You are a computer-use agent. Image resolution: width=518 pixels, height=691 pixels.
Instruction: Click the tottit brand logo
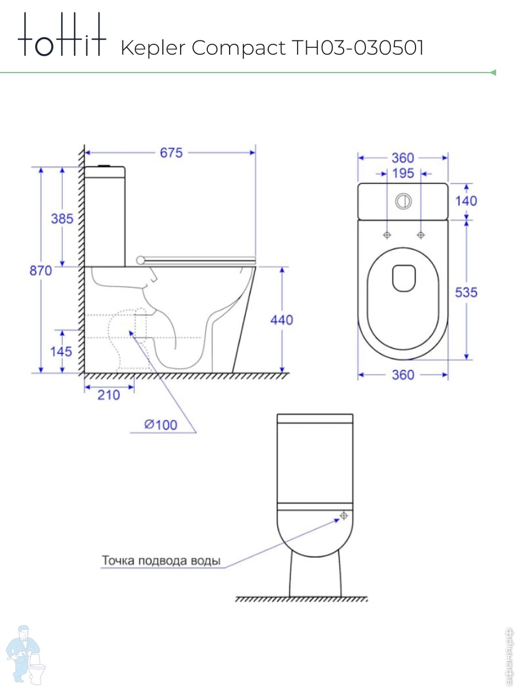click(x=62, y=35)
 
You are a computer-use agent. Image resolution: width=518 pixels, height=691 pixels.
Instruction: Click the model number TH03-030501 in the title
click(x=357, y=48)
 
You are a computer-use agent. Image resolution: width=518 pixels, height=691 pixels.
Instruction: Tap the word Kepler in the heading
click(x=153, y=48)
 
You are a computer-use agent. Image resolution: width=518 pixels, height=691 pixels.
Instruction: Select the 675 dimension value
click(x=171, y=153)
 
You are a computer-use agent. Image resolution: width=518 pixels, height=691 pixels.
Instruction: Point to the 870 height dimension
click(x=40, y=271)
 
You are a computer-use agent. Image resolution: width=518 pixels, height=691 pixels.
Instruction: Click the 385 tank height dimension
click(x=62, y=219)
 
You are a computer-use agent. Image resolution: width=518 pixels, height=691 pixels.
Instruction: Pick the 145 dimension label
click(x=62, y=352)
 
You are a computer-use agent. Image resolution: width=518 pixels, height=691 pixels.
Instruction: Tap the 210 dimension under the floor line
click(x=109, y=395)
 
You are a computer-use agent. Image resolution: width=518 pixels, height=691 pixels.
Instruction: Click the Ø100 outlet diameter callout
click(x=161, y=425)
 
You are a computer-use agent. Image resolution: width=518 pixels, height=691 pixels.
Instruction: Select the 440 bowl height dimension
click(x=282, y=320)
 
